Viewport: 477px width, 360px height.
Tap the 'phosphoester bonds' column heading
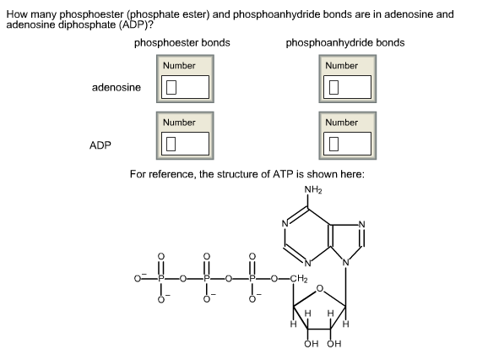[x=182, y=42]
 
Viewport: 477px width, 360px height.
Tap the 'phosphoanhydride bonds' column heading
[x=344, y=42]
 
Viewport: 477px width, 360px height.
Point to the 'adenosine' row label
[x=117, y=87]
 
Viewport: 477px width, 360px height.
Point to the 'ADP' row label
[x=100, y=145]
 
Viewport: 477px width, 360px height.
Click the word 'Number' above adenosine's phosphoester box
[x=179, y=66]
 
